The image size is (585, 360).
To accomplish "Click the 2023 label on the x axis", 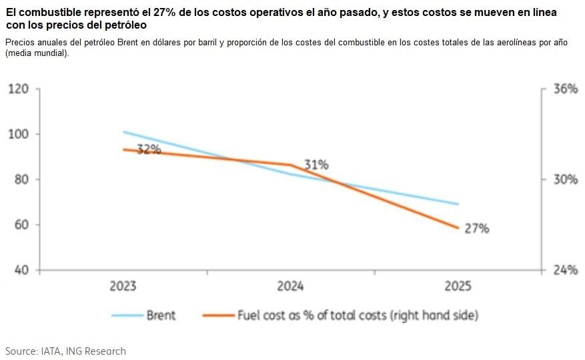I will (123, 286).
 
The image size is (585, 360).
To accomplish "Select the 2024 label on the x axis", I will (290, 286).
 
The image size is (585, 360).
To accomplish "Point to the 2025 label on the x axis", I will (458, 286).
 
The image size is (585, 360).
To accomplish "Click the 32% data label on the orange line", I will (149, 149).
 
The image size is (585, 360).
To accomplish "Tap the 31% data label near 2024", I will (316, 165).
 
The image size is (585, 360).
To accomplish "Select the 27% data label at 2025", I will (477, 229).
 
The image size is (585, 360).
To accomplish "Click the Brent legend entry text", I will (161, 315).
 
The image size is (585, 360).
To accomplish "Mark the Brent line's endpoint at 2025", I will (458, 204).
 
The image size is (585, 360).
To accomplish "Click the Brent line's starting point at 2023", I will (123, 132).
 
